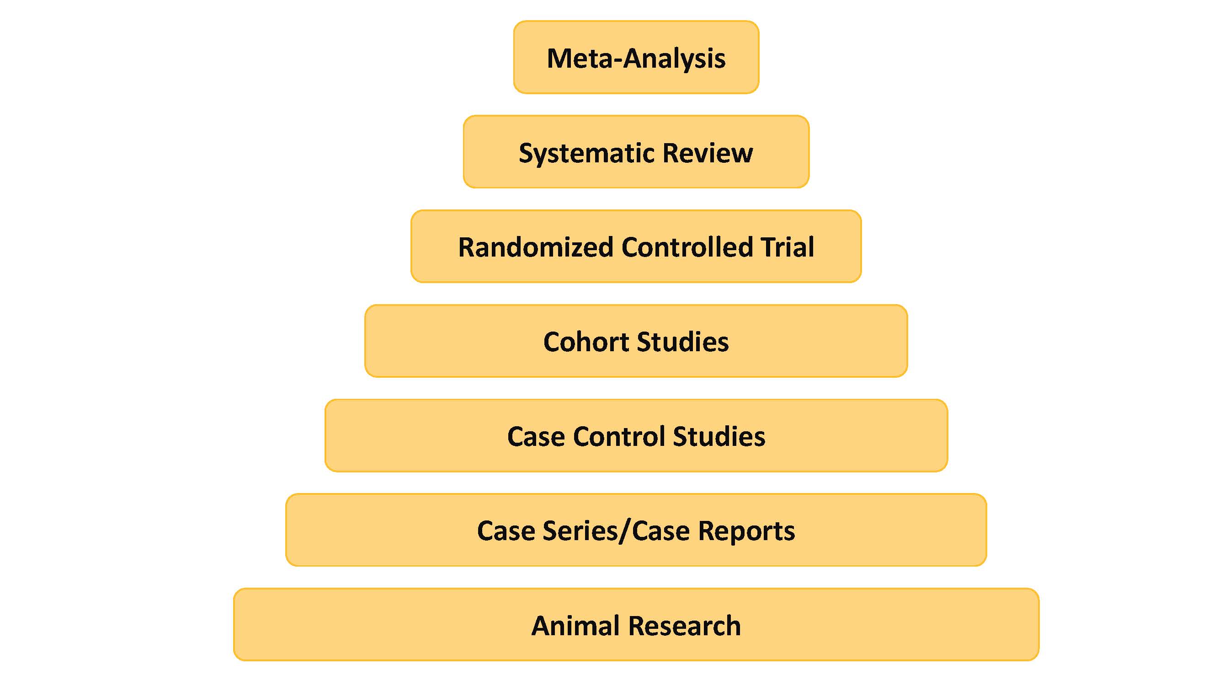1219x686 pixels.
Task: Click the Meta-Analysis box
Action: pyautogui.click(x=636, y=57)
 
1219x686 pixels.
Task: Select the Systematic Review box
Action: pyautogui.click(x=636, y=152)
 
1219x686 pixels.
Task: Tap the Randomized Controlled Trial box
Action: pyautogui.click(x=636, y=247)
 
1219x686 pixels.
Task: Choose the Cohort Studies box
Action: pyautogui.click(x=636, y=341)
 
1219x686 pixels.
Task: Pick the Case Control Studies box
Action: pyautogui.click(x=636, y=435)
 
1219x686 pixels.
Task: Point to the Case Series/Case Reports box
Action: pyautogui.click(x=636, y=530)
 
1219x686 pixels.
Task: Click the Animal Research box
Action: pyautogui.click(x=636, y=624)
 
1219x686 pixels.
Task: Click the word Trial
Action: pyautogui.click(x=788, y=247)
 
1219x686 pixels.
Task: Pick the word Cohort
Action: pyautogui.click(x=586, y=342)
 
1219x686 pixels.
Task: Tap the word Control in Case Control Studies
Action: pyautogui.click(x=618, y=436)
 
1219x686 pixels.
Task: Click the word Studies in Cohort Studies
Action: pyautogui.click(x=683, y=342)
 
